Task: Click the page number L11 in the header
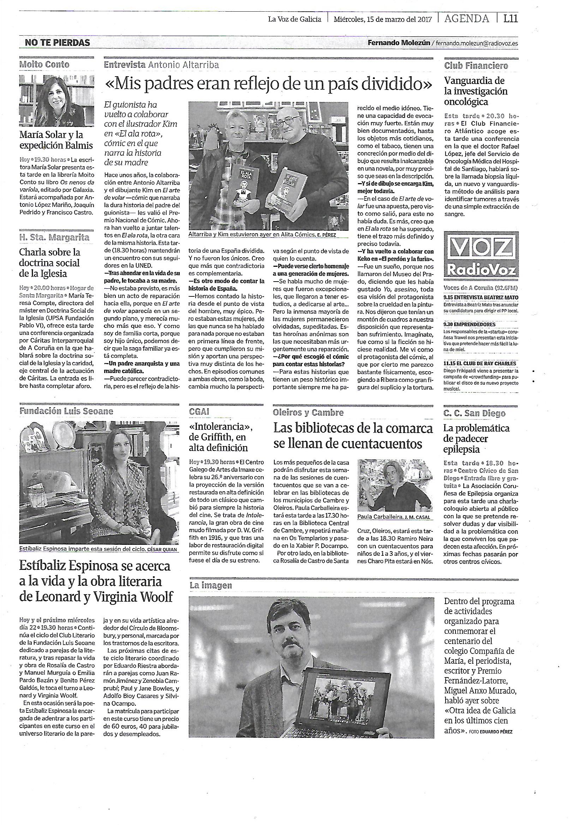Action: (x=510, y=18)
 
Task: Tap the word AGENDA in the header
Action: (x=466, y=18)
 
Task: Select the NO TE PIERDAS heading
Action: (x=57, y=43)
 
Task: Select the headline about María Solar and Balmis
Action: (x=56, y=140)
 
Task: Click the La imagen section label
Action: (x=211, y=585)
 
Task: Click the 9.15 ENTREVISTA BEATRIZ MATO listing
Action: (x=481, y=297)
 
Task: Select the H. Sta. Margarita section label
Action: (x=54, y=237)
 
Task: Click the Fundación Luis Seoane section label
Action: (x=66, y=411)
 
